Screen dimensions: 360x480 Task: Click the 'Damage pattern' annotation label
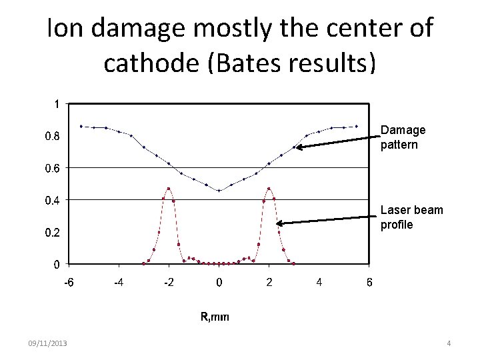(x=403, y=137)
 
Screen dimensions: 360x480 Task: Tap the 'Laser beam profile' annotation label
(x=411, y=217)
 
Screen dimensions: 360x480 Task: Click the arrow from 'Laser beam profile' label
(x=327, y=217)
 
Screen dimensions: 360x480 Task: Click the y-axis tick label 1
(x=57, y=105)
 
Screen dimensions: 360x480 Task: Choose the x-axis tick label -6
(x=68, y=282)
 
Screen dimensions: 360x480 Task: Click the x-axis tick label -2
(x=169, y=282)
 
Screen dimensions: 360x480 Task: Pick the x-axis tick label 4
(x=319, y=282)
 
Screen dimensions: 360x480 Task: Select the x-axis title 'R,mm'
(x=215, y=317)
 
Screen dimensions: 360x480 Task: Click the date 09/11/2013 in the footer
(x=47, y=343)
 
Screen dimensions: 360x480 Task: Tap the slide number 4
(x=449, y=343)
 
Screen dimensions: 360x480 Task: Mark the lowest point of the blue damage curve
(x=219, y=191)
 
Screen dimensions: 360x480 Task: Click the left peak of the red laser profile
(x=169, y=189)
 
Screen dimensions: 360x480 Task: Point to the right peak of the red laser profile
(x=269, y=189)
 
